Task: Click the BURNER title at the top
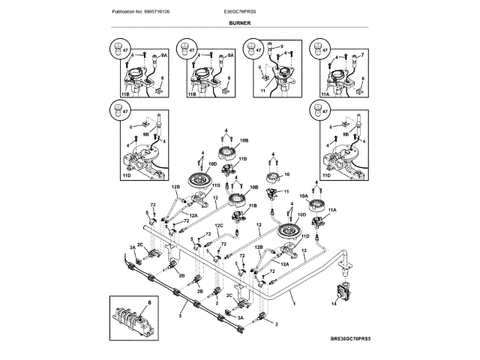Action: click(240, 23)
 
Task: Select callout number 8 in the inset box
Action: click(148, 301)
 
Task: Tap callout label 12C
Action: click(220, 225)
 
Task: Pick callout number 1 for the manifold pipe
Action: click(294, 304)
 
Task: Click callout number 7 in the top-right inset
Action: click(362, 55)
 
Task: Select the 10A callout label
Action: click(304, 195)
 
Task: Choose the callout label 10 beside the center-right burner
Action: click(285, 174)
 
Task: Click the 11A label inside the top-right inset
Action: click(325, 95)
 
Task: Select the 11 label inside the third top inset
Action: click(262, 89)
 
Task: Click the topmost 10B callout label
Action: click(244, 140)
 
